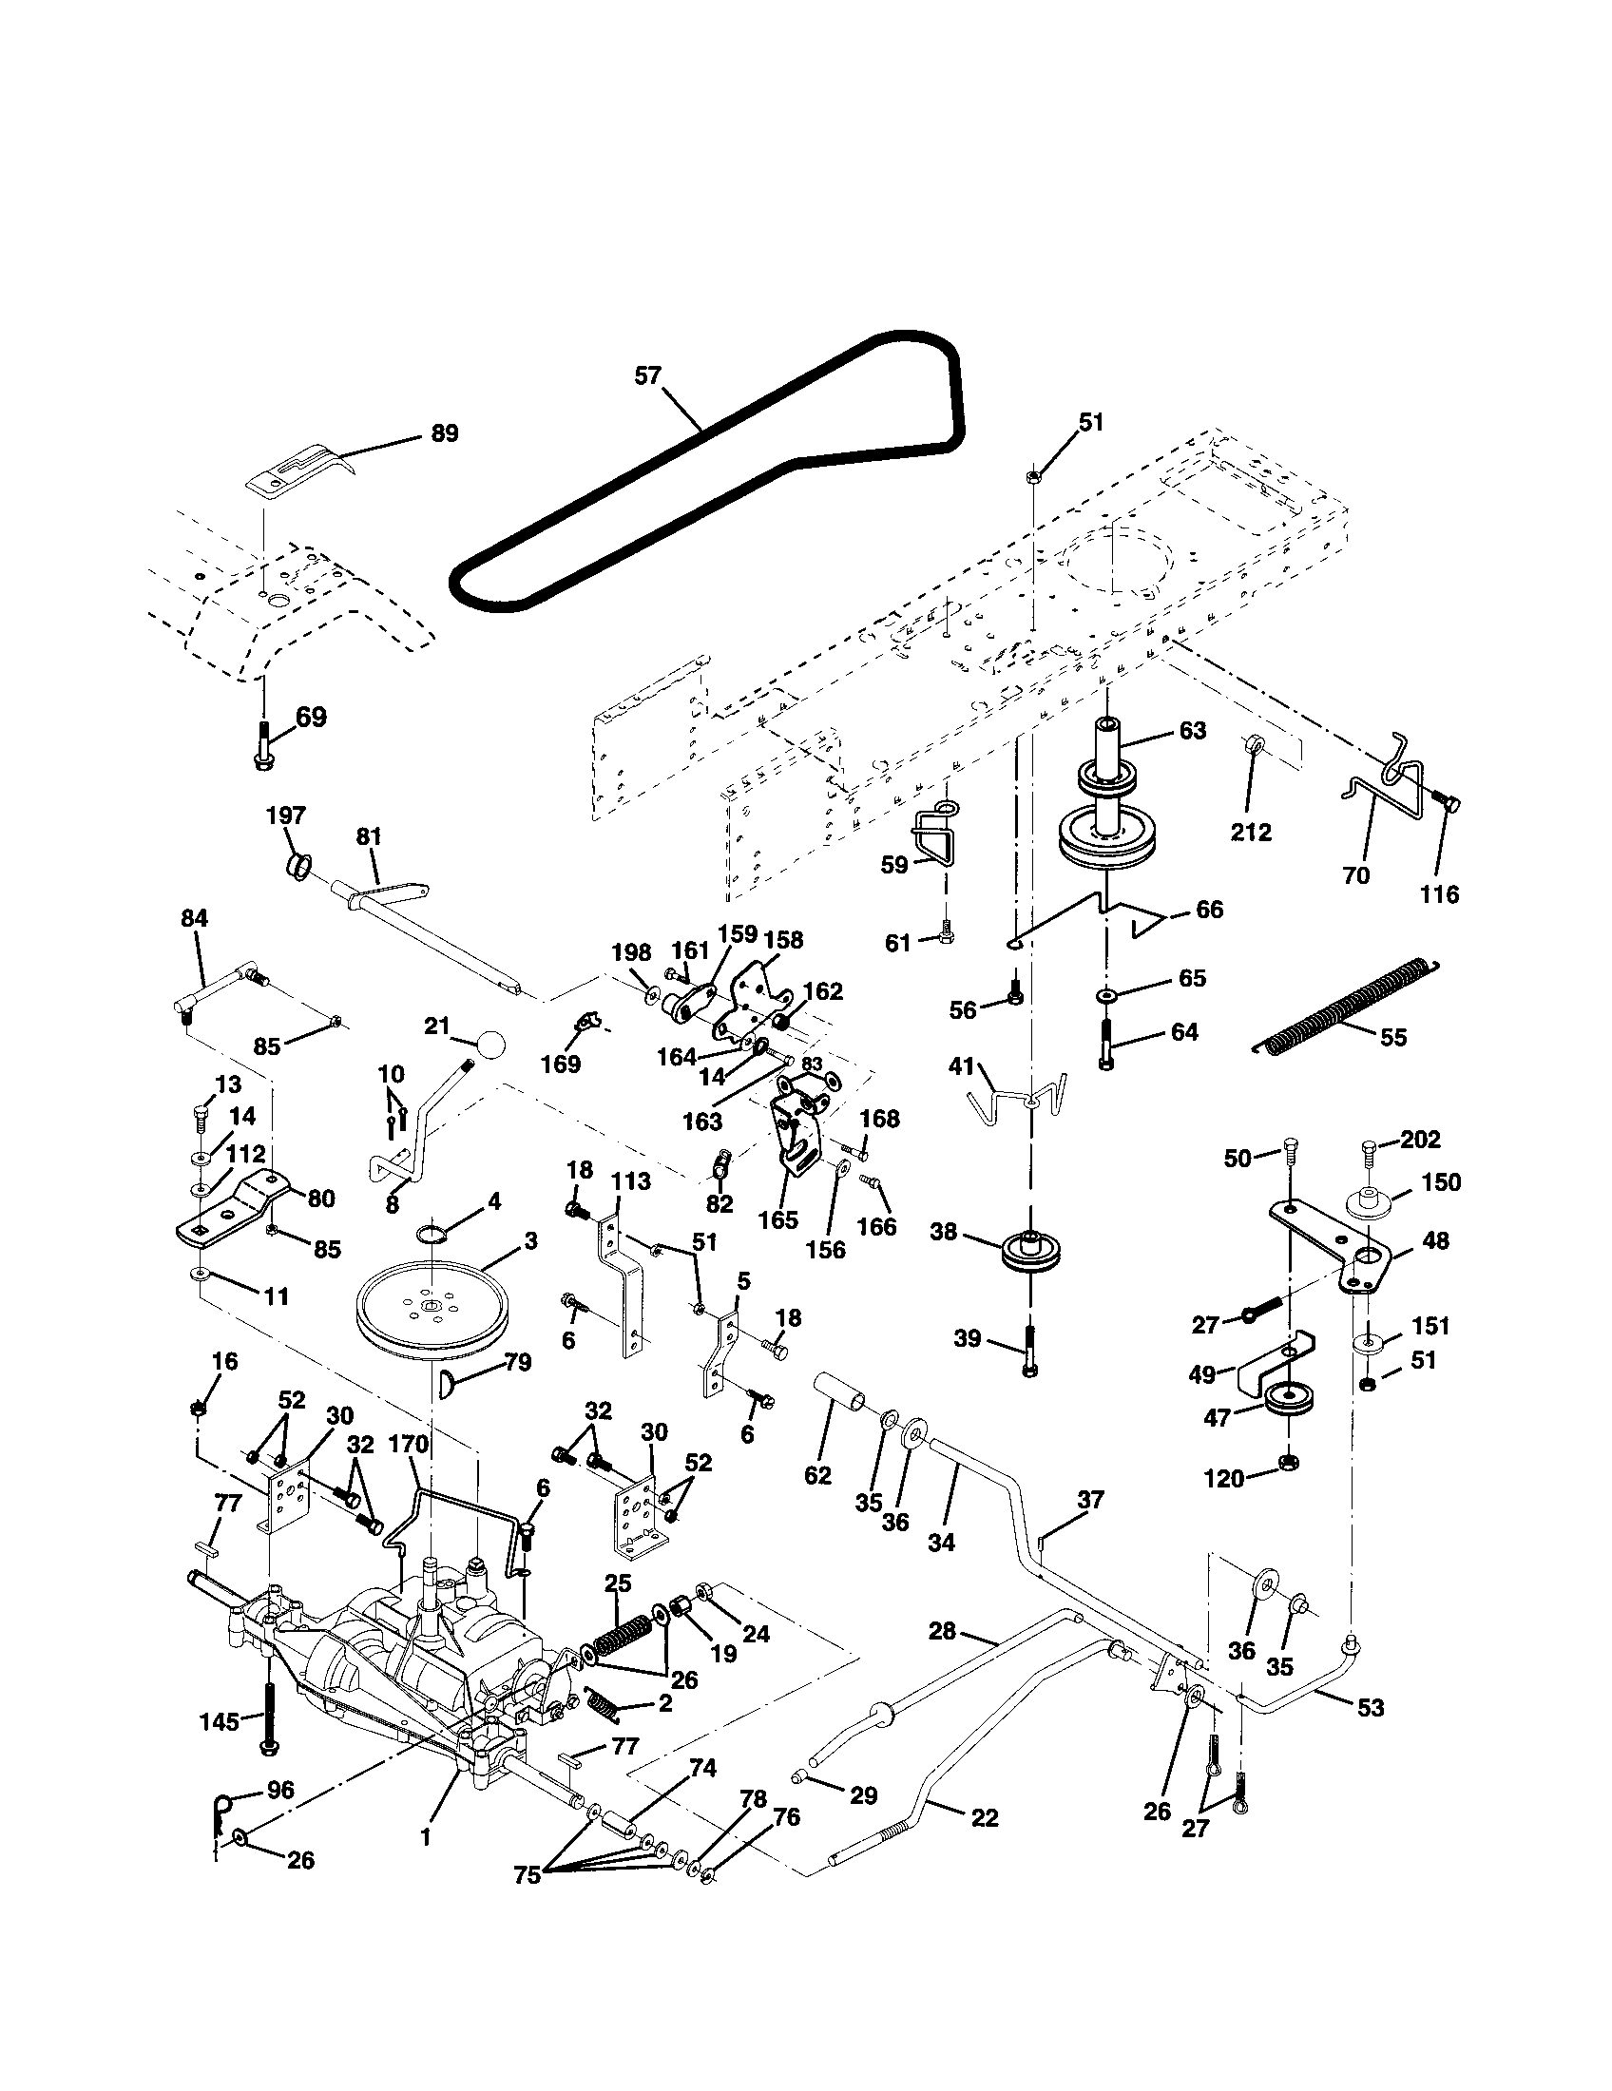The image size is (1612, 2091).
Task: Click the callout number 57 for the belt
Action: [648, 376]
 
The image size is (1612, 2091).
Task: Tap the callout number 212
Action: [1250, 832]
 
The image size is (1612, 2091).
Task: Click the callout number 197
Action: [285, 815]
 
